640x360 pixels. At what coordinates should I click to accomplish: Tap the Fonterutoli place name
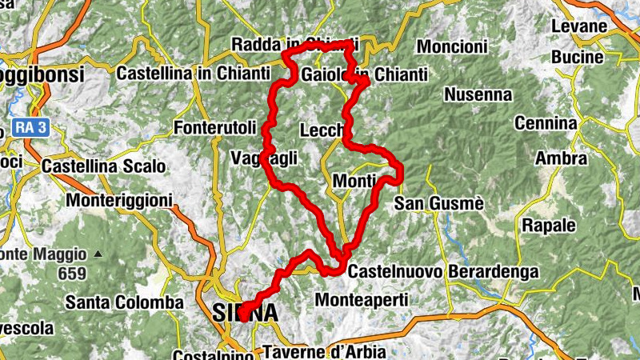(214, 128)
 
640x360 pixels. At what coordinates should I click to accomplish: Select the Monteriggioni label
(119, 199)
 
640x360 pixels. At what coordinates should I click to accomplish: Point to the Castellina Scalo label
(104, 166)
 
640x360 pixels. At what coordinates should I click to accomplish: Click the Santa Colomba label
(124, 302)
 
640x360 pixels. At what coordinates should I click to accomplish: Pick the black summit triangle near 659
(98, 254)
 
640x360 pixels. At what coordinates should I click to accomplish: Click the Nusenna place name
(478, 94)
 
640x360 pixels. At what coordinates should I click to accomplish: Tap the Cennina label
(546, 123)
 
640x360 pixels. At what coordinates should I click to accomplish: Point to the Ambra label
(561, 158)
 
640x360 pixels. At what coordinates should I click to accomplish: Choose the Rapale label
(549, 225)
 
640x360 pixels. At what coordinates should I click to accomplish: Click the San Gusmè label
(439, 204)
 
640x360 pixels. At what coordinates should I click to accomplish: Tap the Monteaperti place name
(362, 300)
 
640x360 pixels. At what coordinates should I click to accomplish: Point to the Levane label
(579, 26)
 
